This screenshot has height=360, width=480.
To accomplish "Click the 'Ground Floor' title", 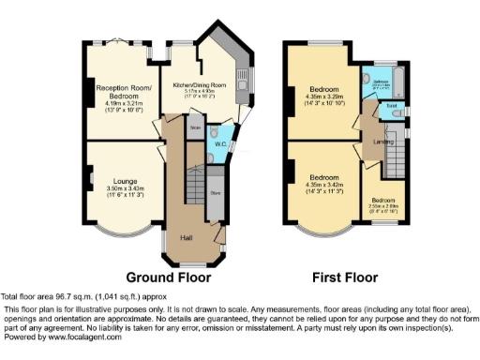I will pos(168,277).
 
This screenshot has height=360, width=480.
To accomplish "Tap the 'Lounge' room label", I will pos(125,180).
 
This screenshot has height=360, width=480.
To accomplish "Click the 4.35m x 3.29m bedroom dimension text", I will pos(324,96).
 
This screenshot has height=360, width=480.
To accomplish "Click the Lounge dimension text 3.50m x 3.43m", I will pos(125,190).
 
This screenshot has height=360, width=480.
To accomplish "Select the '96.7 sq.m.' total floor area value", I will pos(69,296).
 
